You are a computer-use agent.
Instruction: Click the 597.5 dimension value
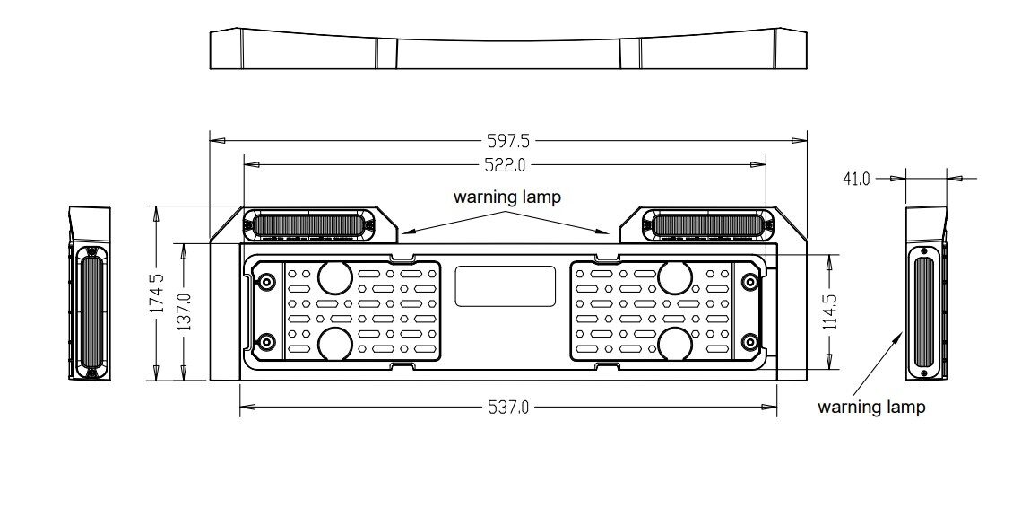point(507,140)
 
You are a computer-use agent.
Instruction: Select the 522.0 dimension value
point(506,164)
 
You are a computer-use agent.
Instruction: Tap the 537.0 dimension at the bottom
point(507,408)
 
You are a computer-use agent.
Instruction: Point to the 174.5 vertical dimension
point(157,293)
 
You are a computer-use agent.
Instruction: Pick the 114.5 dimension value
point(830,311)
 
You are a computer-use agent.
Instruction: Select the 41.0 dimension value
point(857,179)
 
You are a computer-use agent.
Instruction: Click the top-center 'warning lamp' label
point(507,197)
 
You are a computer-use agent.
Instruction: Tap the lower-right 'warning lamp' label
point(871,407)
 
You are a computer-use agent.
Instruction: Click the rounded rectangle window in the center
point(506,286)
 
